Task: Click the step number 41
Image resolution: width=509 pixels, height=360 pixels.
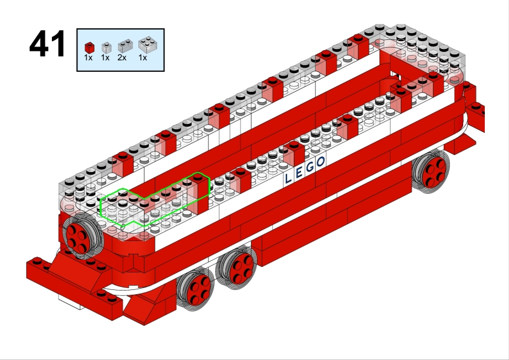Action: (47, 43)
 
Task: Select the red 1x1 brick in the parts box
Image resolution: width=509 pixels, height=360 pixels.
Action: (89, 47)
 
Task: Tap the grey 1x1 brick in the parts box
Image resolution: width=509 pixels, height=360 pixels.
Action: (106, 48)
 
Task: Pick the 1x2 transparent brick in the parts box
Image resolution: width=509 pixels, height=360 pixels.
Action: (125, 46)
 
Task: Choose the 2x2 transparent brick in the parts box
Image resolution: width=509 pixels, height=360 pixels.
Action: (148, 45)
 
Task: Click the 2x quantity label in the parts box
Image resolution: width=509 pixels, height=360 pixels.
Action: (122, 58)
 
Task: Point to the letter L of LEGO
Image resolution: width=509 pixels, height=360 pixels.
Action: (288, 178)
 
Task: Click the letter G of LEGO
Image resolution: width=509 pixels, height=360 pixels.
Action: (310, 167)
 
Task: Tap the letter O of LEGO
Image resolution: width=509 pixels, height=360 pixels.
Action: (321, 161)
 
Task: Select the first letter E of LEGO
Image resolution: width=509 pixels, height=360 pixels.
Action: (299, 172)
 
